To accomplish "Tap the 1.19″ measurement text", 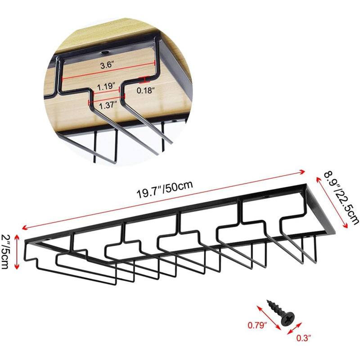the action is coord(106,87).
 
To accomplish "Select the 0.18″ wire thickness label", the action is coord(144,90).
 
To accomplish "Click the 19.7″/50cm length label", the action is coord(165,189).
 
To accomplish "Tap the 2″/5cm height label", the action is coord(5,252).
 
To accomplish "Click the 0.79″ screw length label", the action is coord(257,325).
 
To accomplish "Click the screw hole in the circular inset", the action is coord(105,52).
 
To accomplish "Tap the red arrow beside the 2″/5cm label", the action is coord(17,252).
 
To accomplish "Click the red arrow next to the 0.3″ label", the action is coord(295,328).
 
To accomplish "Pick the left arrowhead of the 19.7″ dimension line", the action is coord(24,228).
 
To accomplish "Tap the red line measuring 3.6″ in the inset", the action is coord(108,71).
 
